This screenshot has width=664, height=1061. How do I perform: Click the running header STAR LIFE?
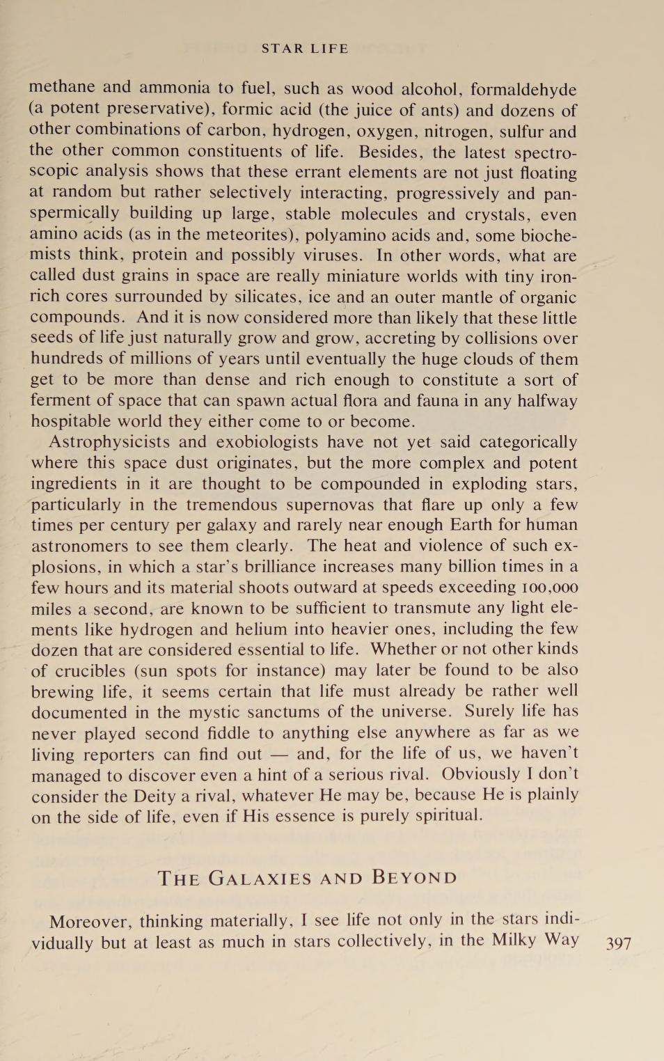pos(305,49)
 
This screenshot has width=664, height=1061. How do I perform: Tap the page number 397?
pos(619,943)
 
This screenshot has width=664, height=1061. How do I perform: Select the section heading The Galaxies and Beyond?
pos(307,878)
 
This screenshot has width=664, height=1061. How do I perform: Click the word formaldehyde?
pos(523,89)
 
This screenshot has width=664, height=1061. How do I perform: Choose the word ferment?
pos(61,400)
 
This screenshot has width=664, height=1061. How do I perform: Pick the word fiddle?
pos(232,732)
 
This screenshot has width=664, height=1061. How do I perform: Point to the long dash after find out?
pos(280,754)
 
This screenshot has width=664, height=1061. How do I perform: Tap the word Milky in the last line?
pos(514,941)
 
